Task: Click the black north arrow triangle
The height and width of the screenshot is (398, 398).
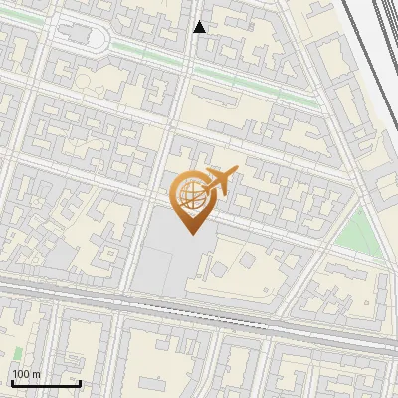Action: (x=199, y=27)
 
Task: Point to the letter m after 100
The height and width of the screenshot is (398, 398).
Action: (x=36, y=374)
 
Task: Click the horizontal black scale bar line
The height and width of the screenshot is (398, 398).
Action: (x=46, y=383)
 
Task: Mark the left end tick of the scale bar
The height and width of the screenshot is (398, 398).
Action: (x=12, y=381)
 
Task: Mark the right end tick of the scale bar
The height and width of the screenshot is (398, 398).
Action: (x=80, y=381)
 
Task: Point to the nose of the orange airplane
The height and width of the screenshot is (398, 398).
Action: (x=235, y=171)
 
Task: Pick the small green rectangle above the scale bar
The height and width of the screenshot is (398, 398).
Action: (x=17, y=353)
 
